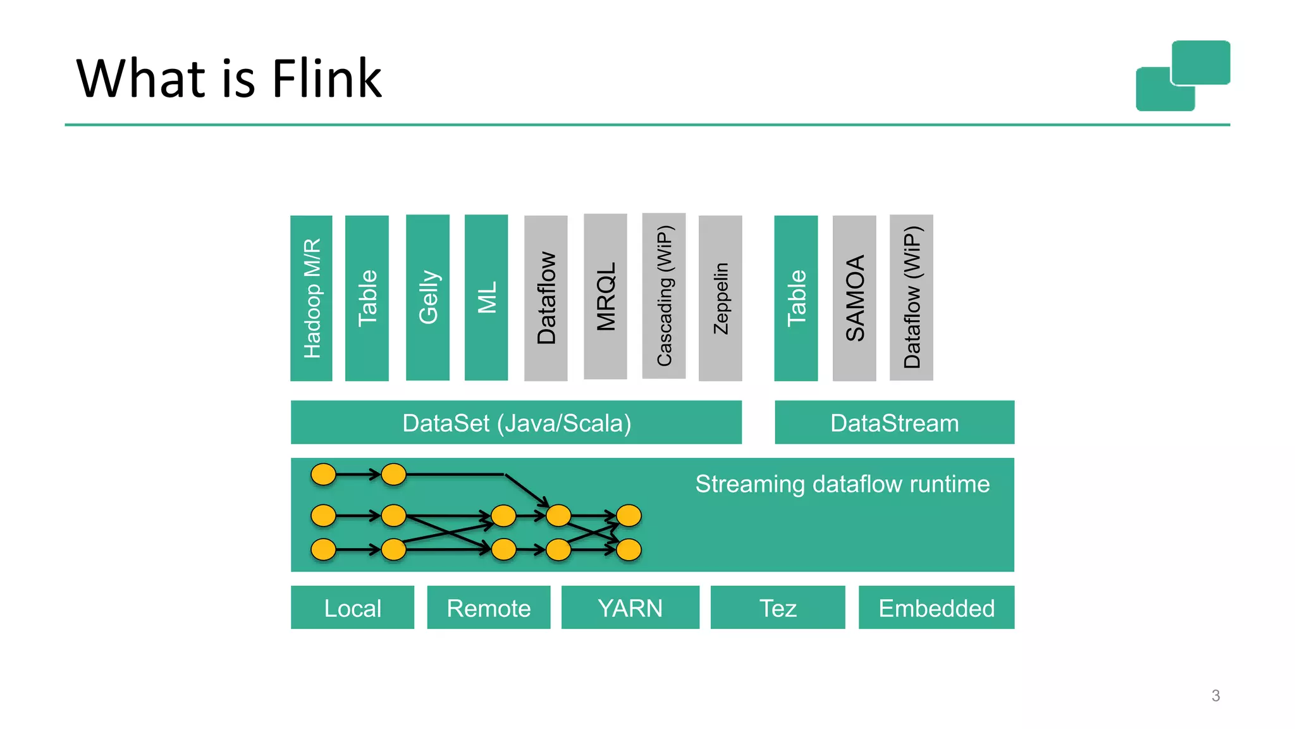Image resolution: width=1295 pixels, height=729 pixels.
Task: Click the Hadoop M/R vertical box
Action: pos(311,298)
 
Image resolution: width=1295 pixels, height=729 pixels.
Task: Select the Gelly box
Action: pos(427,297)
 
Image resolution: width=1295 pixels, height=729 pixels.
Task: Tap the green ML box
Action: pos(486,297)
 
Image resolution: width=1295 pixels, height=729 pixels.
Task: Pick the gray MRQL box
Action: pos(605,296)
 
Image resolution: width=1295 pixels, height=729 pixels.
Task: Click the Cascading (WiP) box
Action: pos(663,296)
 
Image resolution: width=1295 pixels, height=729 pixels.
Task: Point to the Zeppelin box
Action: pos(720,298)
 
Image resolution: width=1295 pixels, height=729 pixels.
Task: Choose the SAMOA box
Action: pos(854,298)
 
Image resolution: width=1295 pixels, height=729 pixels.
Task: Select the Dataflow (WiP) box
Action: pos(911,297)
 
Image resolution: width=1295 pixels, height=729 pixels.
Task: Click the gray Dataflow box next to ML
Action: pos(546,298)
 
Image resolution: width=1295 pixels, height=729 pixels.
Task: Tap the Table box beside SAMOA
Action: pos(795,298)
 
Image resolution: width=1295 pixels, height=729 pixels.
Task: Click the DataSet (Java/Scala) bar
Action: pos(516,422)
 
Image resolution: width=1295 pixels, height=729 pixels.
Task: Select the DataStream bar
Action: pos(894,422)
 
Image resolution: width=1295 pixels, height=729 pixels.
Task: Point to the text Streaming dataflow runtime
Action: pos(842,484)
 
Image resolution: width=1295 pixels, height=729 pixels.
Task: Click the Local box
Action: pos(352,607)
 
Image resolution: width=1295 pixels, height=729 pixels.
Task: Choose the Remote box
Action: pos(489,607)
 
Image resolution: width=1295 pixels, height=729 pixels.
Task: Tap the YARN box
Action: pos(630,607)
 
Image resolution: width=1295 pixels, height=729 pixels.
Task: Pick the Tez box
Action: pos(778,607)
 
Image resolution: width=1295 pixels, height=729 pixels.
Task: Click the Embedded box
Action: pos(936,607)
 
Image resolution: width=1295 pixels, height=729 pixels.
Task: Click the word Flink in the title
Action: pos(327,78)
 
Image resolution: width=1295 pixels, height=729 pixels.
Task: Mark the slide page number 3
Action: pos(1215,695)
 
